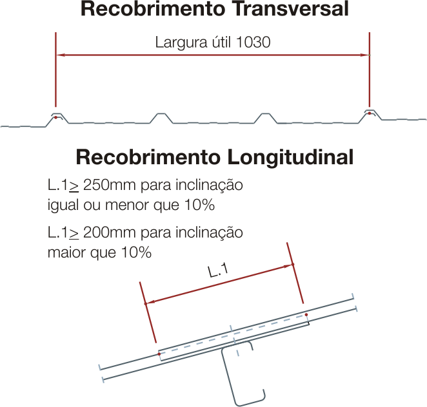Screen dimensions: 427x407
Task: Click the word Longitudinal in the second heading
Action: coord(290,157)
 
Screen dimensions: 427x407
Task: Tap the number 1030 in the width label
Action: coord(253,42)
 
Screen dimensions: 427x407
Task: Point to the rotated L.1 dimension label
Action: coord(218,270)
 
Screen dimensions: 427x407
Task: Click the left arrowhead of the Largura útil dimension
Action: coord(60,55)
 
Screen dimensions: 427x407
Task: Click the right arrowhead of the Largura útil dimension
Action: coord(365,55)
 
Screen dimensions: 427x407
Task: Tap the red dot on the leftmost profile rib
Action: coord(55,117)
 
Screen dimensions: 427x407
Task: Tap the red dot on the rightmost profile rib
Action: coord(369,113)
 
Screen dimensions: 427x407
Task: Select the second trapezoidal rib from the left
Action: coord(161,118)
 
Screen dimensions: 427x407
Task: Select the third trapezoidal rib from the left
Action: coord(265,118)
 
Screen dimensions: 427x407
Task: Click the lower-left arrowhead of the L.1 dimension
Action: coord(150,302)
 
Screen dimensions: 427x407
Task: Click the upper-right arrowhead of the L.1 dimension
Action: coord(288,265)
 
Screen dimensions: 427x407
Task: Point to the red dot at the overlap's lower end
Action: coord(159,354)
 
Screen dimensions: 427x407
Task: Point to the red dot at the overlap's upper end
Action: coord(306,314)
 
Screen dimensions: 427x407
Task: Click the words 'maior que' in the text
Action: coord(82,253)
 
